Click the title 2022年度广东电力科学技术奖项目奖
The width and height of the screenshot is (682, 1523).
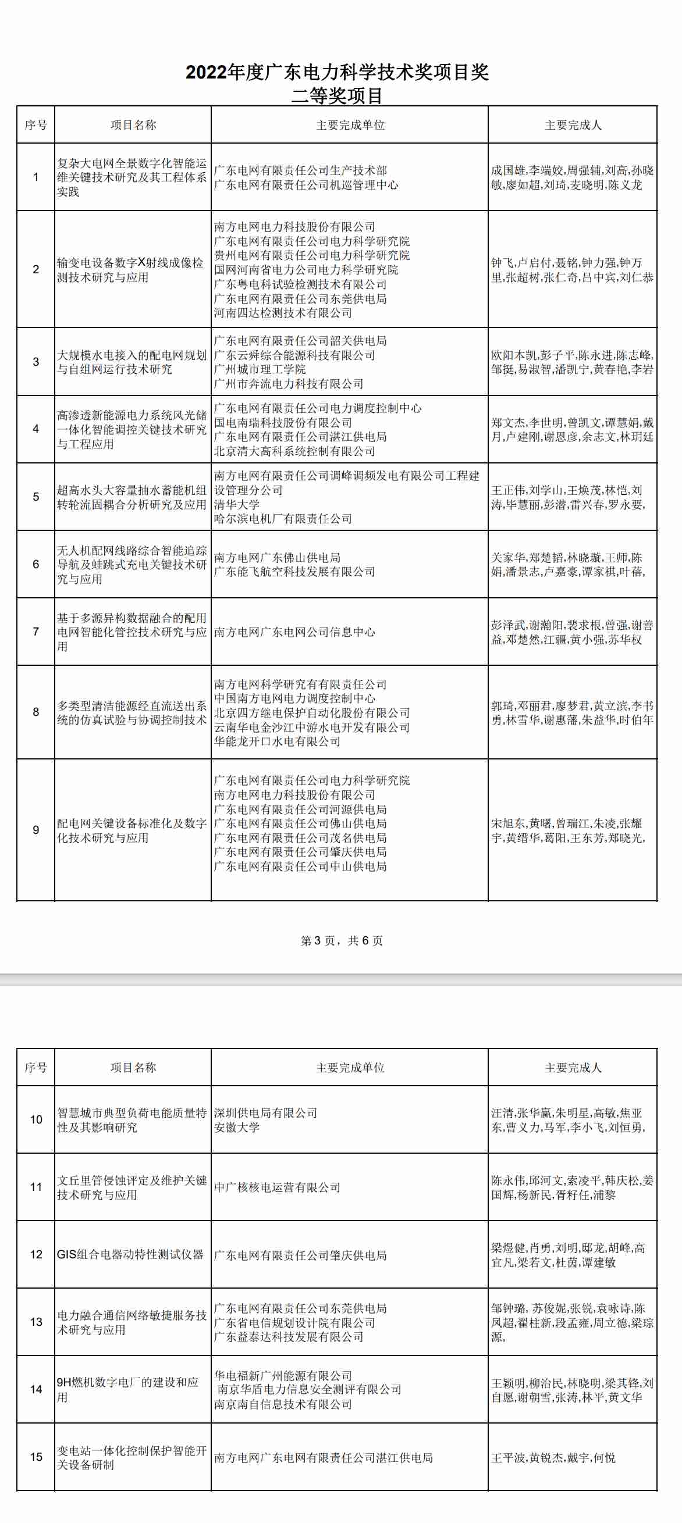coord(337,72)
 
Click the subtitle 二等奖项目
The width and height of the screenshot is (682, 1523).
coord(337,96)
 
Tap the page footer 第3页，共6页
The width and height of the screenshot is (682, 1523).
coord(342,941)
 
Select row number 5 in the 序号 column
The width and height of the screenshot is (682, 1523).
coord(36,497)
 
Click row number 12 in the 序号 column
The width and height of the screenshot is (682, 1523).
coord(36,1254)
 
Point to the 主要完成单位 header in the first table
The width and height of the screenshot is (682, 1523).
coord(350,125)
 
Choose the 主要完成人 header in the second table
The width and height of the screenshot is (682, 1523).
coord(573,1067)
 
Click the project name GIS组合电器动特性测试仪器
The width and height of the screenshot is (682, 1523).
coord(130,1254)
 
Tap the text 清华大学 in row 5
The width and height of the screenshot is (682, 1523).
coord(237,504)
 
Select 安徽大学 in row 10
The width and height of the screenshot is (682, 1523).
coord(237,1127)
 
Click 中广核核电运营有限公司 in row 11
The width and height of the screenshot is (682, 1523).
coord(277,1187)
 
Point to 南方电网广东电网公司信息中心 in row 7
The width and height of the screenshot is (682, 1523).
coord(294,632)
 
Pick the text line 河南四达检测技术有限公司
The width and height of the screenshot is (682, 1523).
coord(283,313)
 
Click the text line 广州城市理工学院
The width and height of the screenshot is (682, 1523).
coord(260,369)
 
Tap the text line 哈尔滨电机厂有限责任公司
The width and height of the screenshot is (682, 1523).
coord(283,519)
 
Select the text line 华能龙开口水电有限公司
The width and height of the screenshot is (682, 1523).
coord(277,741)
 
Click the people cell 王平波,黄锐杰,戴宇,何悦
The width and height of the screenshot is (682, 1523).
coord(553,1457)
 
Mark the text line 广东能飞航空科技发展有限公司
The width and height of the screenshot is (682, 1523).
coord(294,572)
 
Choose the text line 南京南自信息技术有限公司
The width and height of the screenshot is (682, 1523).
coord(283,1404)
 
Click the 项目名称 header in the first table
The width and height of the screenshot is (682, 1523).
coord(133,125)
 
